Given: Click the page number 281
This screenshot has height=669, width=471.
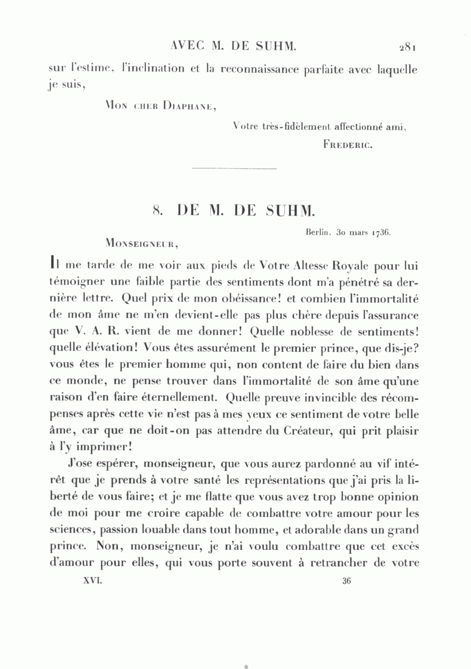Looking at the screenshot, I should pos(407,48).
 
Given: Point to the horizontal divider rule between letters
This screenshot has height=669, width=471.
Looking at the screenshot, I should pos(234,168).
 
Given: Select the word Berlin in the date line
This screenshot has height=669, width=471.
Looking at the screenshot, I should pos(317,233).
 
